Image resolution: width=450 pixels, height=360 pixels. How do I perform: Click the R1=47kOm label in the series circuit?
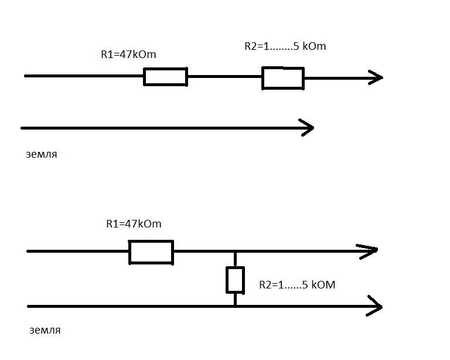click(x=128, y=55)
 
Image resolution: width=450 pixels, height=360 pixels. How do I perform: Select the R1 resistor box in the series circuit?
click(x=165, y=77)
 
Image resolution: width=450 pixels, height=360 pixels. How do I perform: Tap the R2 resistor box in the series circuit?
click(x=282, y=78)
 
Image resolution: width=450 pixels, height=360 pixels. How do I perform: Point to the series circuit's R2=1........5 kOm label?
click(x=285, y=46)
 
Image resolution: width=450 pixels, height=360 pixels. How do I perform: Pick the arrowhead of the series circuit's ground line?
click(x=306, y=127)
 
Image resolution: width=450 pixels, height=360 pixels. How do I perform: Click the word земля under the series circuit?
click(x=42, y=155)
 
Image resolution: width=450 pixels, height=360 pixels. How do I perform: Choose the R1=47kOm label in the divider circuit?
click(x=134, y=224)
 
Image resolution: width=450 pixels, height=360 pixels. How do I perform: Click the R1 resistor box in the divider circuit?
click(x=151, y=252)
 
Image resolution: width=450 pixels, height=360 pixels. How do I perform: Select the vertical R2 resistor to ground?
click(x=235, y=280)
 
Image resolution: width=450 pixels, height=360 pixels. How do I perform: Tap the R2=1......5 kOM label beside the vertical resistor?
click(x=297, y=286)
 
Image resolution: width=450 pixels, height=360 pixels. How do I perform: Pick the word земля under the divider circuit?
click(x=45, y=330)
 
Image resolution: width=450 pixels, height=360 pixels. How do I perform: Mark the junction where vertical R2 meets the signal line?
click(x=235, y=252)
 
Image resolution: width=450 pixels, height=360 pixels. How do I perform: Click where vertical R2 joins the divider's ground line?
click(x=235, y=306)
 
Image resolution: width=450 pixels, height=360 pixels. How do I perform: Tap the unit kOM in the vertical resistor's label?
click(x=322, y=286)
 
